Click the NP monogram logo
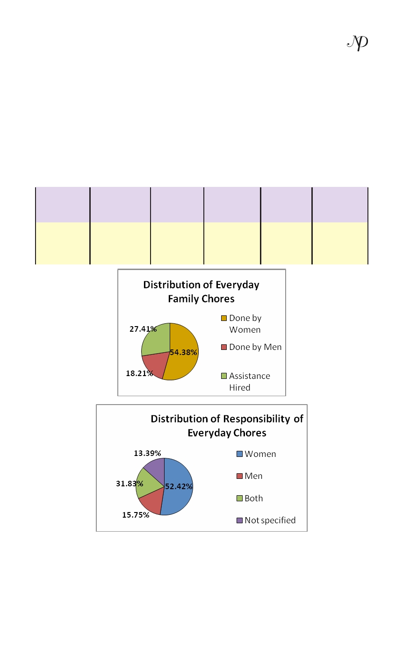[358, 43]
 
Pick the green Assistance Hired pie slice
[156, 340]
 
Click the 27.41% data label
[143, 329]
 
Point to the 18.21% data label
[139, 373]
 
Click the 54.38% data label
[183, 352]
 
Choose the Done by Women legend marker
[224, 318]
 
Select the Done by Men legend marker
[224, 347]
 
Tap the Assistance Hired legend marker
[224, 376]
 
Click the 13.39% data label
[147, 453]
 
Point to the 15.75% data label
[136, 515]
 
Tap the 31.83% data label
[130, 484]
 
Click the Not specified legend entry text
[270, 520]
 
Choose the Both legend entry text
[253, 498]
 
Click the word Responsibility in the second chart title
[257, 419]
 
